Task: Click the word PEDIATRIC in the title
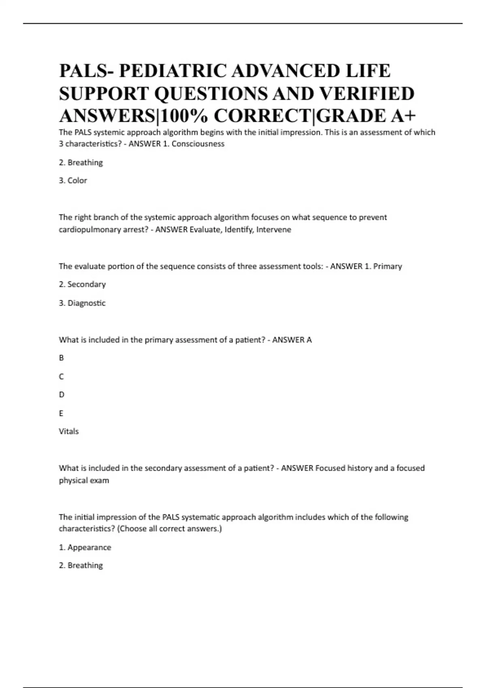tap(172, 71)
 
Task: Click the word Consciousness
tap(198, 144)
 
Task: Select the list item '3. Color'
tap(73, 180)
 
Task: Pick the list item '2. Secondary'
tap(82, 285)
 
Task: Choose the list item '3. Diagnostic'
tap(82, 303)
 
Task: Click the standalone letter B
tap(62, 358)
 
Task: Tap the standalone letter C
tap(62, 377)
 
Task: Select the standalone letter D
tap(62, 395)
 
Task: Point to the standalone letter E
tap(61, 414)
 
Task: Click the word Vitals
tap(69, 431)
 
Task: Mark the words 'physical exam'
tap(84, 481)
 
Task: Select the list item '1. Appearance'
tap(85, 548)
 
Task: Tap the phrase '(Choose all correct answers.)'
tap(169, 529)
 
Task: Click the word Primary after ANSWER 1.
tap(388, 267)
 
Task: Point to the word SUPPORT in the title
tap(104, 94)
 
